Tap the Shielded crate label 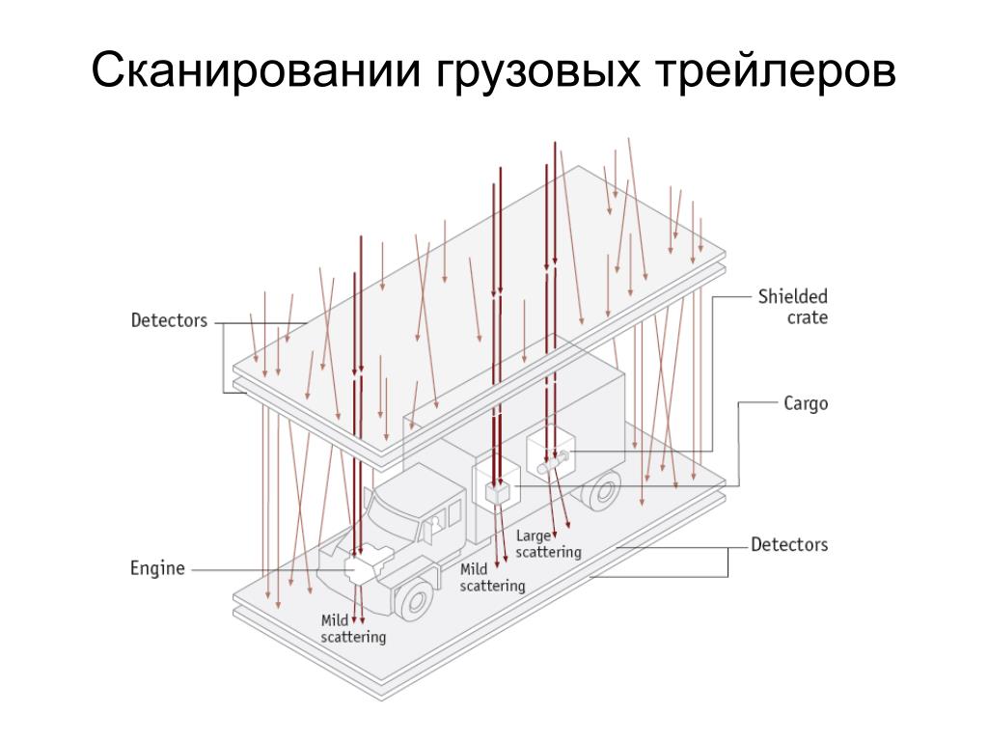pyautogui.click(x=792, y=306)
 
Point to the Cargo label pyautogui.click(x=805, y=404)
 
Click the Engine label pyautogui.click(x=157, y=568)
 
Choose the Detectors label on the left pyautogui.click(x=169, y=320)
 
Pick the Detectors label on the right pyautogui.click(x=789, y=545)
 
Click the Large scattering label pyautogui.click(x=548, y=544)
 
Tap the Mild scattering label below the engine pyautogui.click(x=353, y=629)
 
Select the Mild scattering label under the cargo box pyautogui.click(x=492, y=577)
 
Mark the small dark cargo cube pyautogui.click(x=497, y=492)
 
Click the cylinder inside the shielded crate pyautogui.click(x=554, y=463)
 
